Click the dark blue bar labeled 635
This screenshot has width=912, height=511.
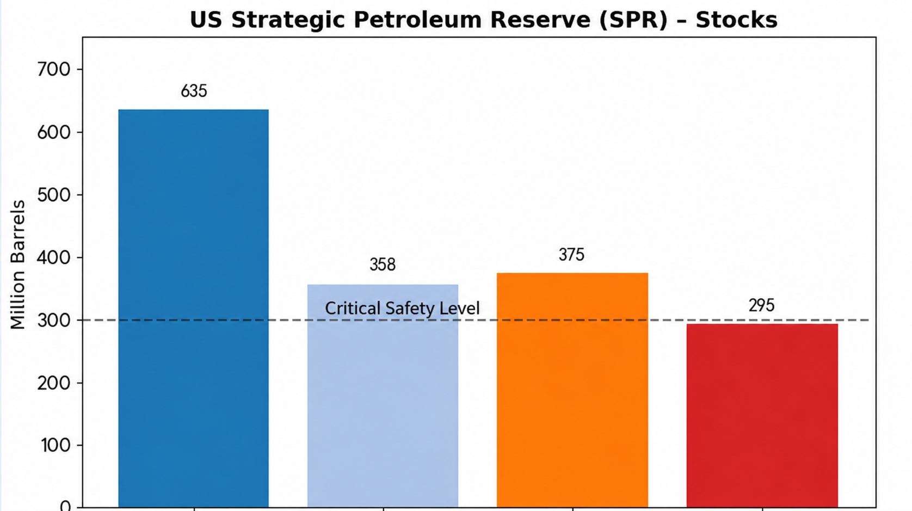(193, 308)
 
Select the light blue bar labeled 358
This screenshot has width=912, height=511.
(383, 396)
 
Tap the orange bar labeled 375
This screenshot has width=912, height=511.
(572, 390)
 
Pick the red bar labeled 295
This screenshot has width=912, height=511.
(762, 415)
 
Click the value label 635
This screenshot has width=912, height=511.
(194, 91)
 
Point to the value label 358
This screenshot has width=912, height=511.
(383, 264)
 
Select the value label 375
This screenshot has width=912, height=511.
(571, 255)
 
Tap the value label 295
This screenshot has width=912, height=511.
(761, 305)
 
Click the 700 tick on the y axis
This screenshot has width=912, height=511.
(54, 69)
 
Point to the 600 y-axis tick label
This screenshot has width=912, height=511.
(54, 132)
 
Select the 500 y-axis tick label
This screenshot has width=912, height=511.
(54, 195)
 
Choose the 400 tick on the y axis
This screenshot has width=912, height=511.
(54, 258)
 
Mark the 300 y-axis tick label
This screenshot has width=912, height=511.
(54, 321)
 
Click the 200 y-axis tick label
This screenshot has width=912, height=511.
(54, 383)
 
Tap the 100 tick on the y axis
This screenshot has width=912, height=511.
(56, 446)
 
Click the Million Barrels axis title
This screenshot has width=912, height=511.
(18, 264)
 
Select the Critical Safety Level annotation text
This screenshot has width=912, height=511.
(402, 308)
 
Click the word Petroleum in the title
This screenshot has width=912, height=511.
(418, 20)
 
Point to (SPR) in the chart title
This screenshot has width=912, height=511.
(633, 20)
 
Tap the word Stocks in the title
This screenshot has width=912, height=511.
(737, 20)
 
